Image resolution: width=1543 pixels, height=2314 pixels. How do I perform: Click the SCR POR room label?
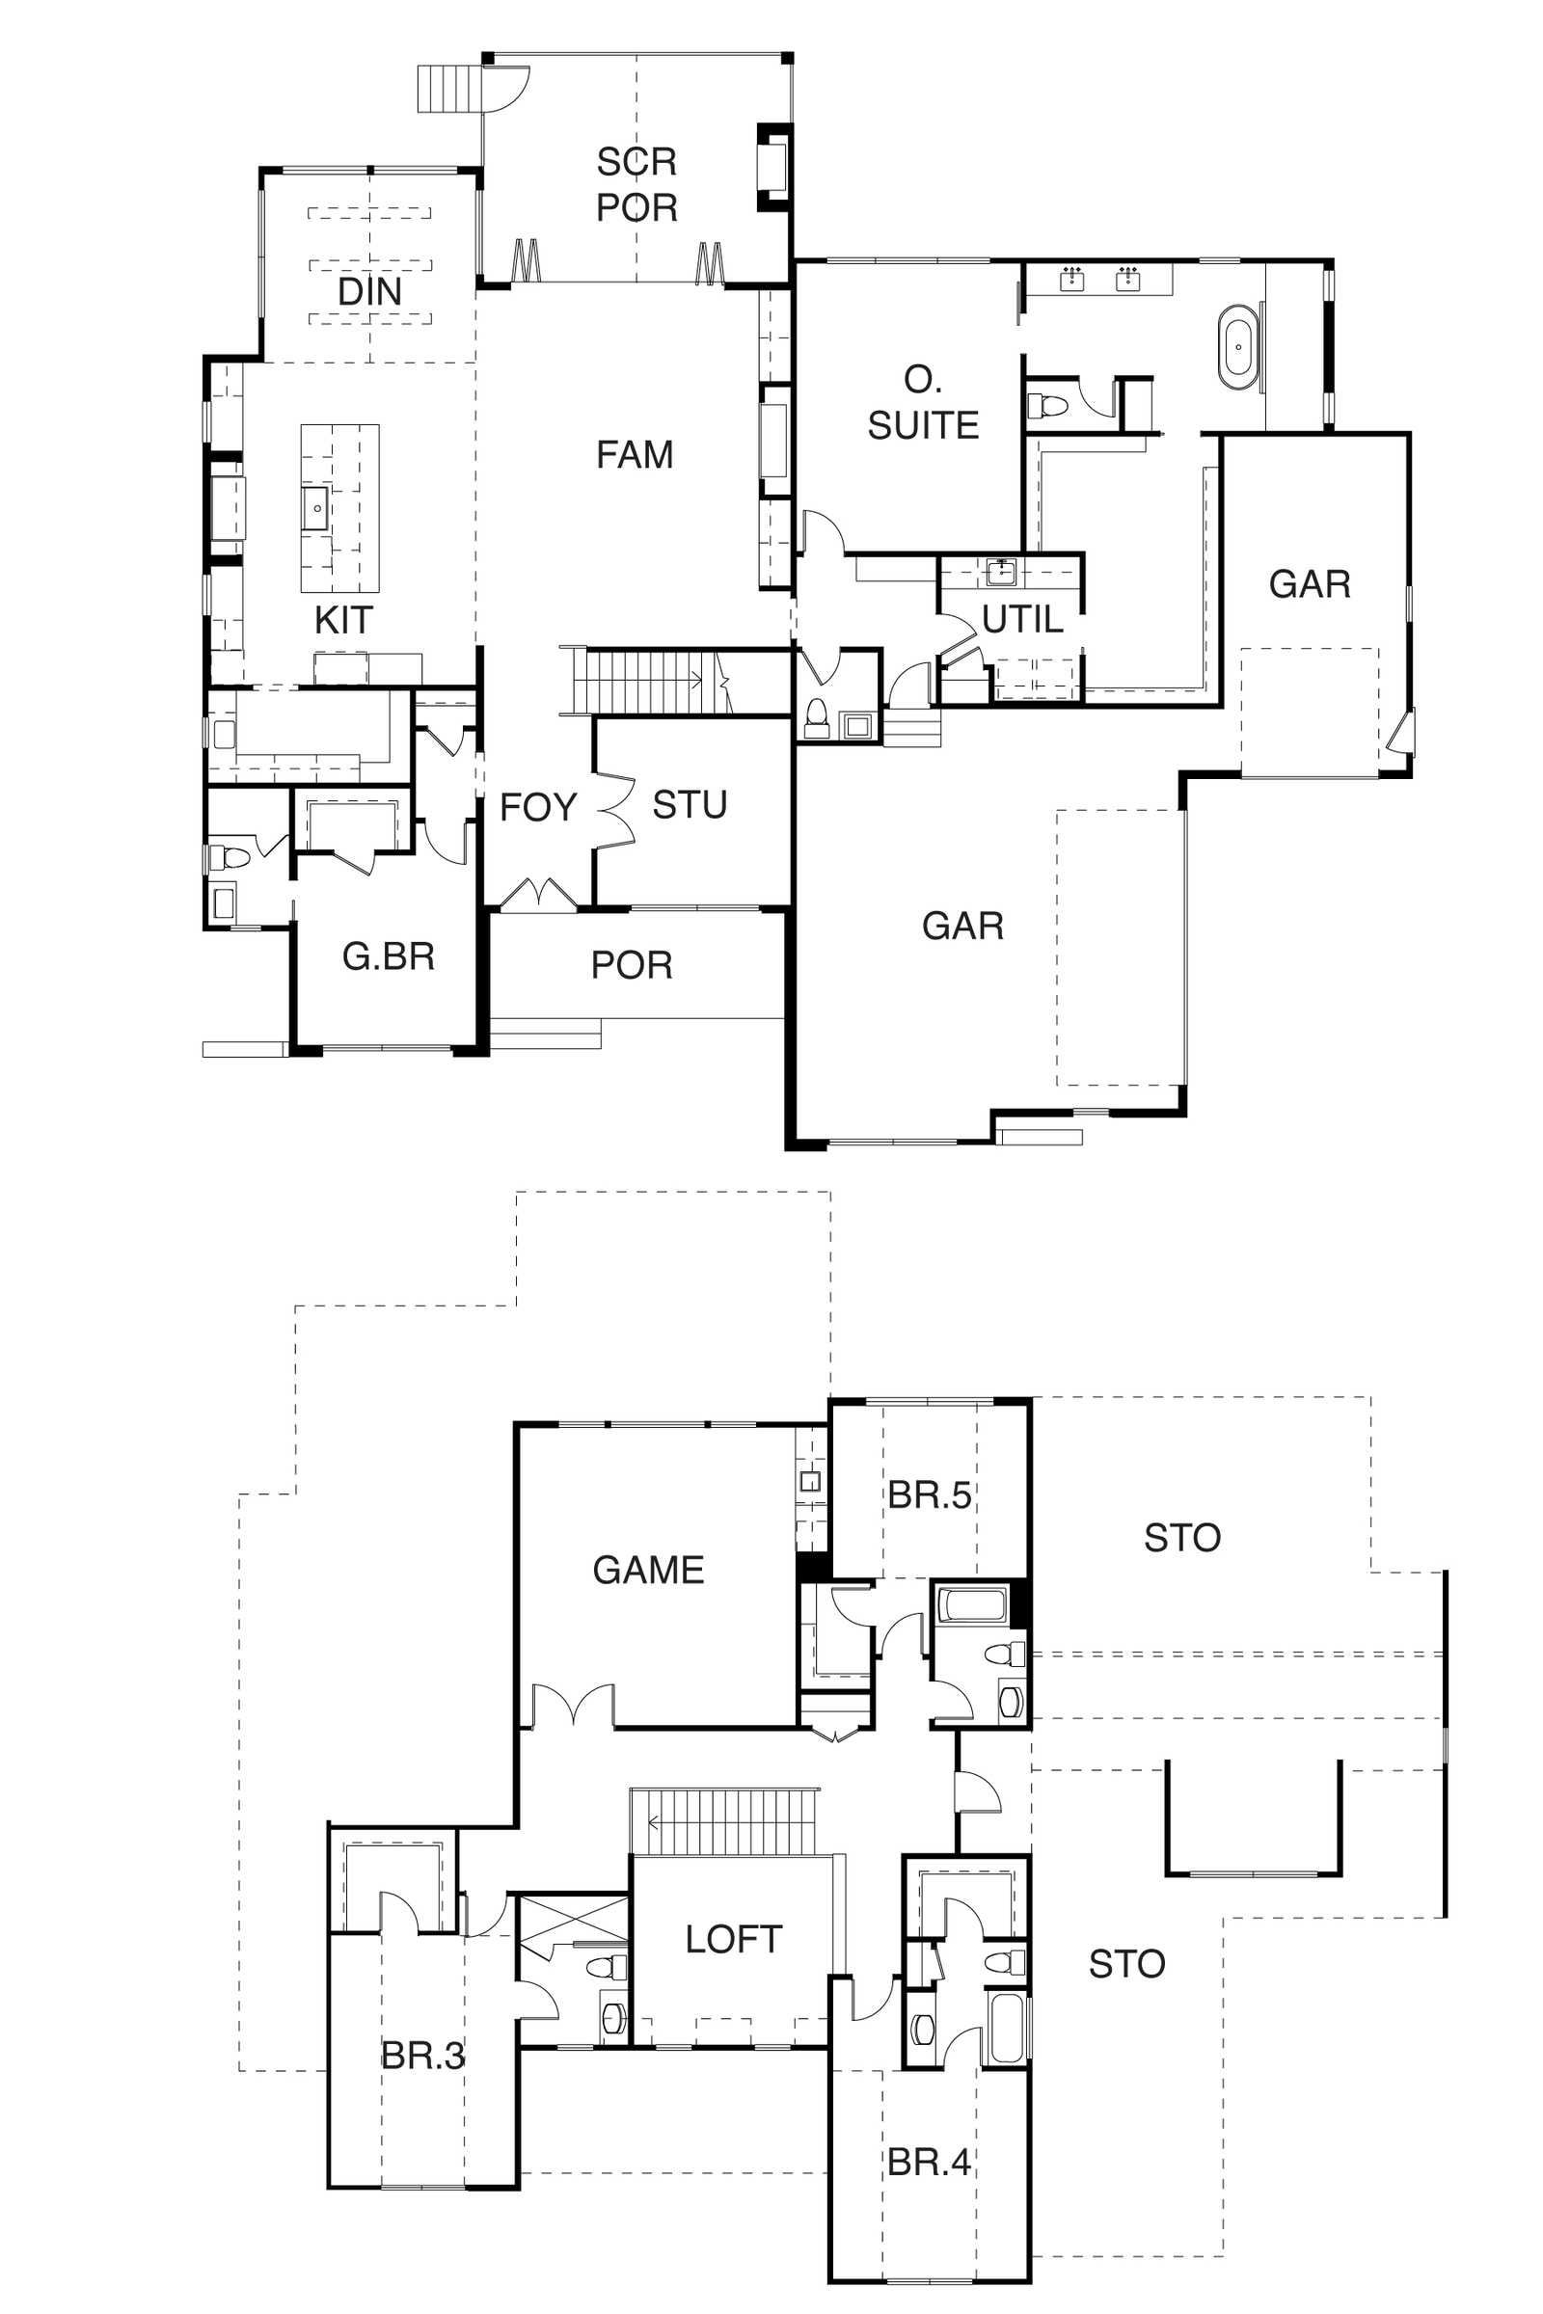point(636,184)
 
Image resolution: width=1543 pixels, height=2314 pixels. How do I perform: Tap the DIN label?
point(370,291)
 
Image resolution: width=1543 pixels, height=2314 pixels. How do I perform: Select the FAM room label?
point(635,454)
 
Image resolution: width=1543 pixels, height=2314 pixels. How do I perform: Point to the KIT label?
point(343,620)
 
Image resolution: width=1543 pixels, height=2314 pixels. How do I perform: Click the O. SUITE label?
point(923,402)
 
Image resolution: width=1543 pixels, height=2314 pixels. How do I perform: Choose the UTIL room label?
point(1022,619)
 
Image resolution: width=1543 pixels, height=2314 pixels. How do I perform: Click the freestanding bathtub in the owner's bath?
point(1239,347)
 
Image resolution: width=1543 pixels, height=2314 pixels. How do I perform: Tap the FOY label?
point(537,807)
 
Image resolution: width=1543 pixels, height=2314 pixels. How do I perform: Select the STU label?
point(690,805)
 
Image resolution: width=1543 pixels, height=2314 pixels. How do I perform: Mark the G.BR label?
point(389,955)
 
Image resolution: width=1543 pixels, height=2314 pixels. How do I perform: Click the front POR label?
point(632,965)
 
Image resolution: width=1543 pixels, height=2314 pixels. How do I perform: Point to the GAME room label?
point(648,1570)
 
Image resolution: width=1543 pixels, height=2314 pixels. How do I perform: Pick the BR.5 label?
point(929,1494)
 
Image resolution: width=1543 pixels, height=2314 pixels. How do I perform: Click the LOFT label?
point(734,1939)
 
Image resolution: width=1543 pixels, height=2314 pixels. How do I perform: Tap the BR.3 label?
point(423,2056)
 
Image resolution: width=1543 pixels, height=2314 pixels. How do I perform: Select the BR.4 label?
point(929,2163)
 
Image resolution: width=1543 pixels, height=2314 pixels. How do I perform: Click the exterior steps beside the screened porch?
point(449,89)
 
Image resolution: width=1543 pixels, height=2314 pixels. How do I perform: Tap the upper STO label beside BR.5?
point(1182,1537)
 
